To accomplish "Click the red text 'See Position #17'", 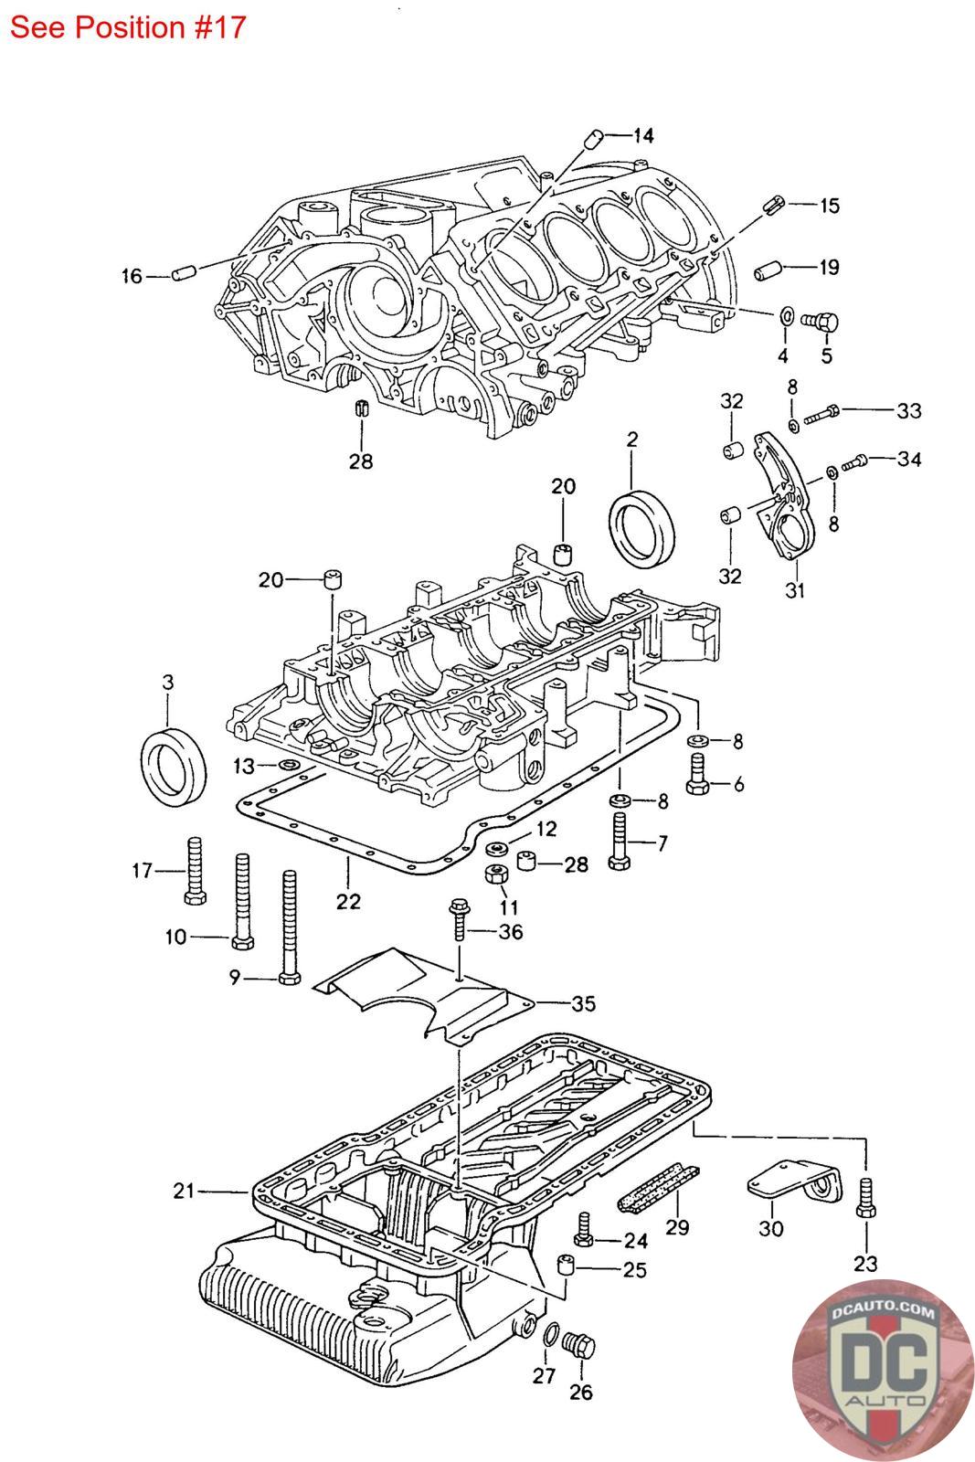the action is [128, 27].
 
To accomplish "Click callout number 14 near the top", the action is [642, 135].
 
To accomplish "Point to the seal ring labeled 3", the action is [174, 769].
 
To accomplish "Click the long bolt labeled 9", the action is [289, 927].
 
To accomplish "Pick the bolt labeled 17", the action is [196, 870].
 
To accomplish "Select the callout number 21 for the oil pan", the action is [184, 1191].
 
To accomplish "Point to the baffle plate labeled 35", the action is [424, 995].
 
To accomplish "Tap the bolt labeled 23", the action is [866, 1198].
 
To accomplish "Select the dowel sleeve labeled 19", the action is [768, 270].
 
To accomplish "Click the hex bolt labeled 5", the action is [821, 321].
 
